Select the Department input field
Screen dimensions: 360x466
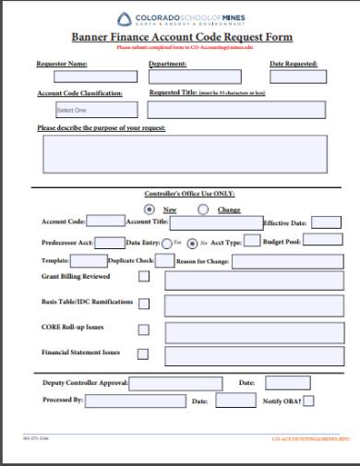195,77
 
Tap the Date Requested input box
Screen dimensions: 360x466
294,77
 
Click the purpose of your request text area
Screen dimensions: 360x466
179,153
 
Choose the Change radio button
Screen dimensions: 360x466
203,209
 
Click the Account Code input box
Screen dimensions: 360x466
106,221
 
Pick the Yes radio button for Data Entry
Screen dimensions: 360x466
166,244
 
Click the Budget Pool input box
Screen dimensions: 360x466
322,240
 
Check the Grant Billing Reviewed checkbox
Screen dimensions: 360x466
143,277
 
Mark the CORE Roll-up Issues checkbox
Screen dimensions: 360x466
143,329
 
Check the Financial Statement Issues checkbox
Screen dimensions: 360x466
143,353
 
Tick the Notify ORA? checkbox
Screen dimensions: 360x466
308,401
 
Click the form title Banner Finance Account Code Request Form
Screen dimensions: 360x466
182,38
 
